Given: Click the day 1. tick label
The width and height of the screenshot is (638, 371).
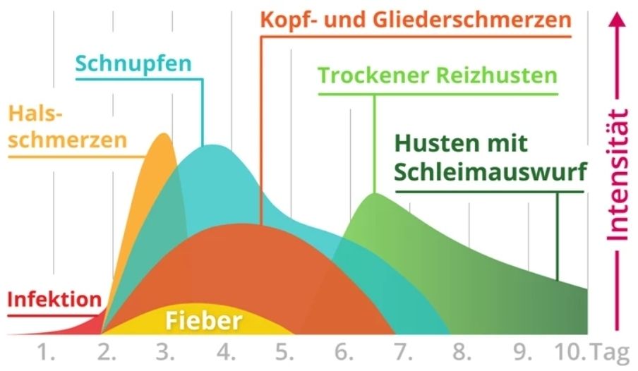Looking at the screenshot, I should (x=47, y=351).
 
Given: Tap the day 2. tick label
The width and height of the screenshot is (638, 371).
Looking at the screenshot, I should (x=107, y=351).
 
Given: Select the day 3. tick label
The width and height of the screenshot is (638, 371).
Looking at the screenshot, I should (x=165, y=351).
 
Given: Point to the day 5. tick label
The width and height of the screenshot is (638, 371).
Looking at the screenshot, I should (x=284, y=351).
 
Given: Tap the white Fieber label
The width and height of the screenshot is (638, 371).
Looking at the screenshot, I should (x=204, y=322).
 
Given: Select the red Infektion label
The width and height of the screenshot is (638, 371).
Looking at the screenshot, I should (x=54, y=299).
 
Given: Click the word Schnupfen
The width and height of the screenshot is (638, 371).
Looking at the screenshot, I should (x=133, y=63).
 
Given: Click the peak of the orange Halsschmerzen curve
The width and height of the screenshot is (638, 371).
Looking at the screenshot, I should (x=164, y=135).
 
